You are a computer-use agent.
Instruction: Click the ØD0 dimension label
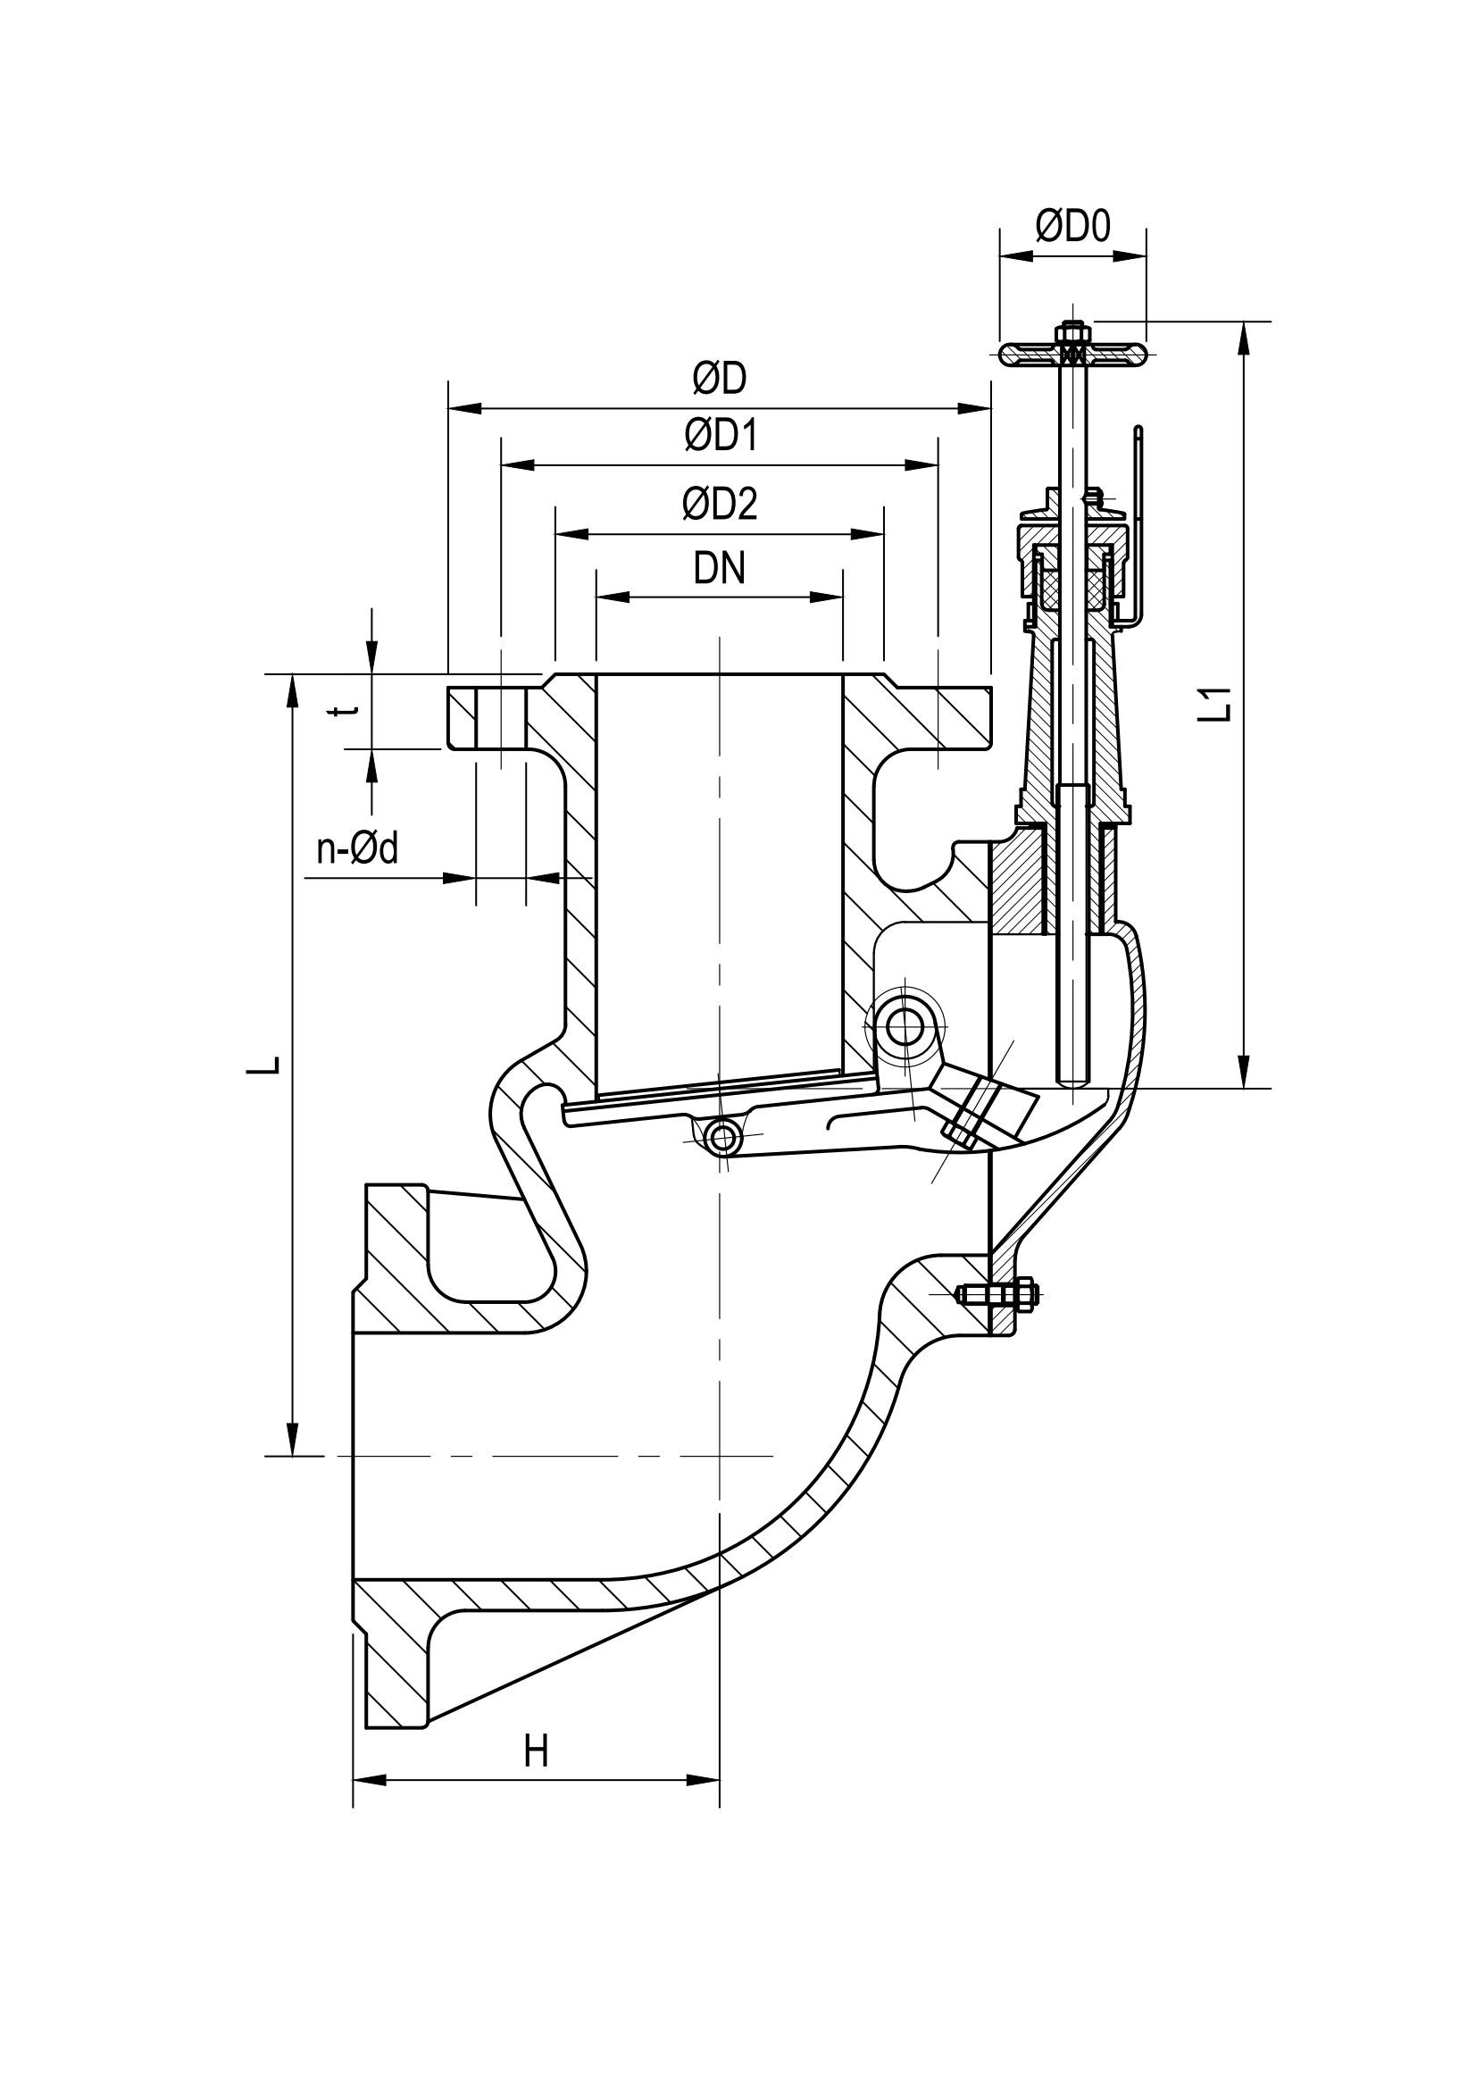coord(1073,227)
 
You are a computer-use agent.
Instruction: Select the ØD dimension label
coord(719,380)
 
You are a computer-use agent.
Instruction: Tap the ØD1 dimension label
coord(721,437)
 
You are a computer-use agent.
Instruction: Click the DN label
coord(720,570)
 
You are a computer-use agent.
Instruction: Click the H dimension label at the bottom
coord(537,1751)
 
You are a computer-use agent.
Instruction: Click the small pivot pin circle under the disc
coord(724,1137)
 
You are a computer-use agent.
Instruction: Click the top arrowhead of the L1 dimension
coord(1244,337)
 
